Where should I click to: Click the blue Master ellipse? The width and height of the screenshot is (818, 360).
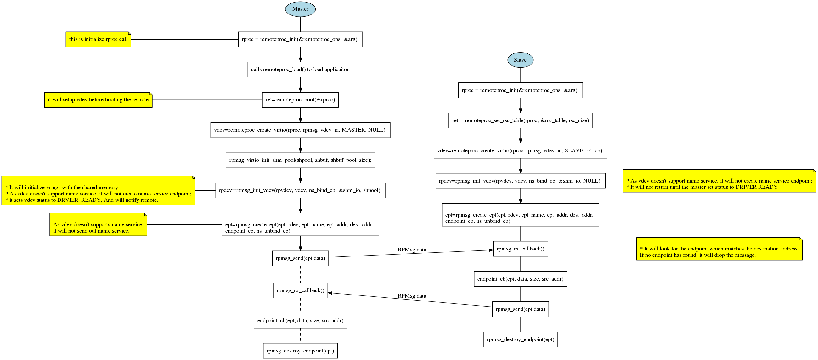300,9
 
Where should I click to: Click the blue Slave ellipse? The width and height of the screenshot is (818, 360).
520,60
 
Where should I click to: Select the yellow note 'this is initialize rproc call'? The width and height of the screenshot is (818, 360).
98,39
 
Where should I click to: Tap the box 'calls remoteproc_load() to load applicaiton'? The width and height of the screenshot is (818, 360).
300,70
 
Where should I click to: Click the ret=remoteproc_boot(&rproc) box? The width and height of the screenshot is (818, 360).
300,100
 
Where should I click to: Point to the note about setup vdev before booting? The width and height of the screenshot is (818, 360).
98,100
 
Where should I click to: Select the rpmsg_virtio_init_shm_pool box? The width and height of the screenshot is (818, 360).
300,160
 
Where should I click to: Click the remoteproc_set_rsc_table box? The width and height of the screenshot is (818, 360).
520,120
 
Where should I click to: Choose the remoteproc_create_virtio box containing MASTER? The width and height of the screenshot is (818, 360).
300,130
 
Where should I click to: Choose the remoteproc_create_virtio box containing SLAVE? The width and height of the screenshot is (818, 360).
520,150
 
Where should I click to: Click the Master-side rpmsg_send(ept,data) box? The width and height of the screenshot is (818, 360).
300,258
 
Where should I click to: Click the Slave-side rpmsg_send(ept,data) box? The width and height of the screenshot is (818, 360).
520,309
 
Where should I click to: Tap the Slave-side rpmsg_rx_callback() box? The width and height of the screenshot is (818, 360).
520,249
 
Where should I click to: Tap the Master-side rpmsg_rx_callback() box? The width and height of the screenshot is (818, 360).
300,290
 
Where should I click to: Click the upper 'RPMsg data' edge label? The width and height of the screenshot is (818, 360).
412,250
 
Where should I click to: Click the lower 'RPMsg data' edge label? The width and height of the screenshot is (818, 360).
412,296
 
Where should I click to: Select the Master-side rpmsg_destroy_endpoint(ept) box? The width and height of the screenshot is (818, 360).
300,351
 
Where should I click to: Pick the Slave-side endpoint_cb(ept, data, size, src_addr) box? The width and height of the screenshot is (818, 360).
520,279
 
